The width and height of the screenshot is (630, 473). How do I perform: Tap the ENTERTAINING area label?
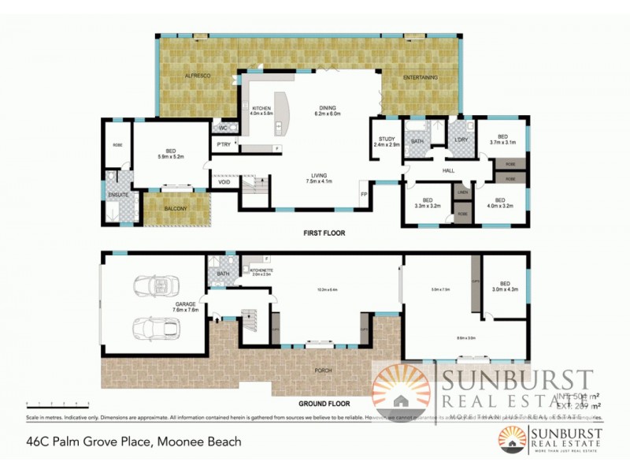click(421, 77)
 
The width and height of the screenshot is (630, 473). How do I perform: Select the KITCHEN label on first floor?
click(261, 109)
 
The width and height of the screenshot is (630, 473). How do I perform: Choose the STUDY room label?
click(386, 139)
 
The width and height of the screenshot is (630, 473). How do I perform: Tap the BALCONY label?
click(176, 209)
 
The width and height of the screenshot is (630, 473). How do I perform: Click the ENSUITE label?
click(118, 195)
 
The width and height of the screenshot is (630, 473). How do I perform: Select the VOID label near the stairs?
click(224, 183)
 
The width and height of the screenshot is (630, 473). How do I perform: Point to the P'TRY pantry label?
click(224, 144)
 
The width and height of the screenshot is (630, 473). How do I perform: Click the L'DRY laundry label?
click(461, 140)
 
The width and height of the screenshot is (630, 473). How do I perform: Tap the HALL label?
click(448, 169)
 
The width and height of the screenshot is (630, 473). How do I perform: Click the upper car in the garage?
click(151, 285)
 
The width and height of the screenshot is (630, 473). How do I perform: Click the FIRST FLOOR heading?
click(324, 233)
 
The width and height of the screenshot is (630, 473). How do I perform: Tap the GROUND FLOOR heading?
click(324, 400)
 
